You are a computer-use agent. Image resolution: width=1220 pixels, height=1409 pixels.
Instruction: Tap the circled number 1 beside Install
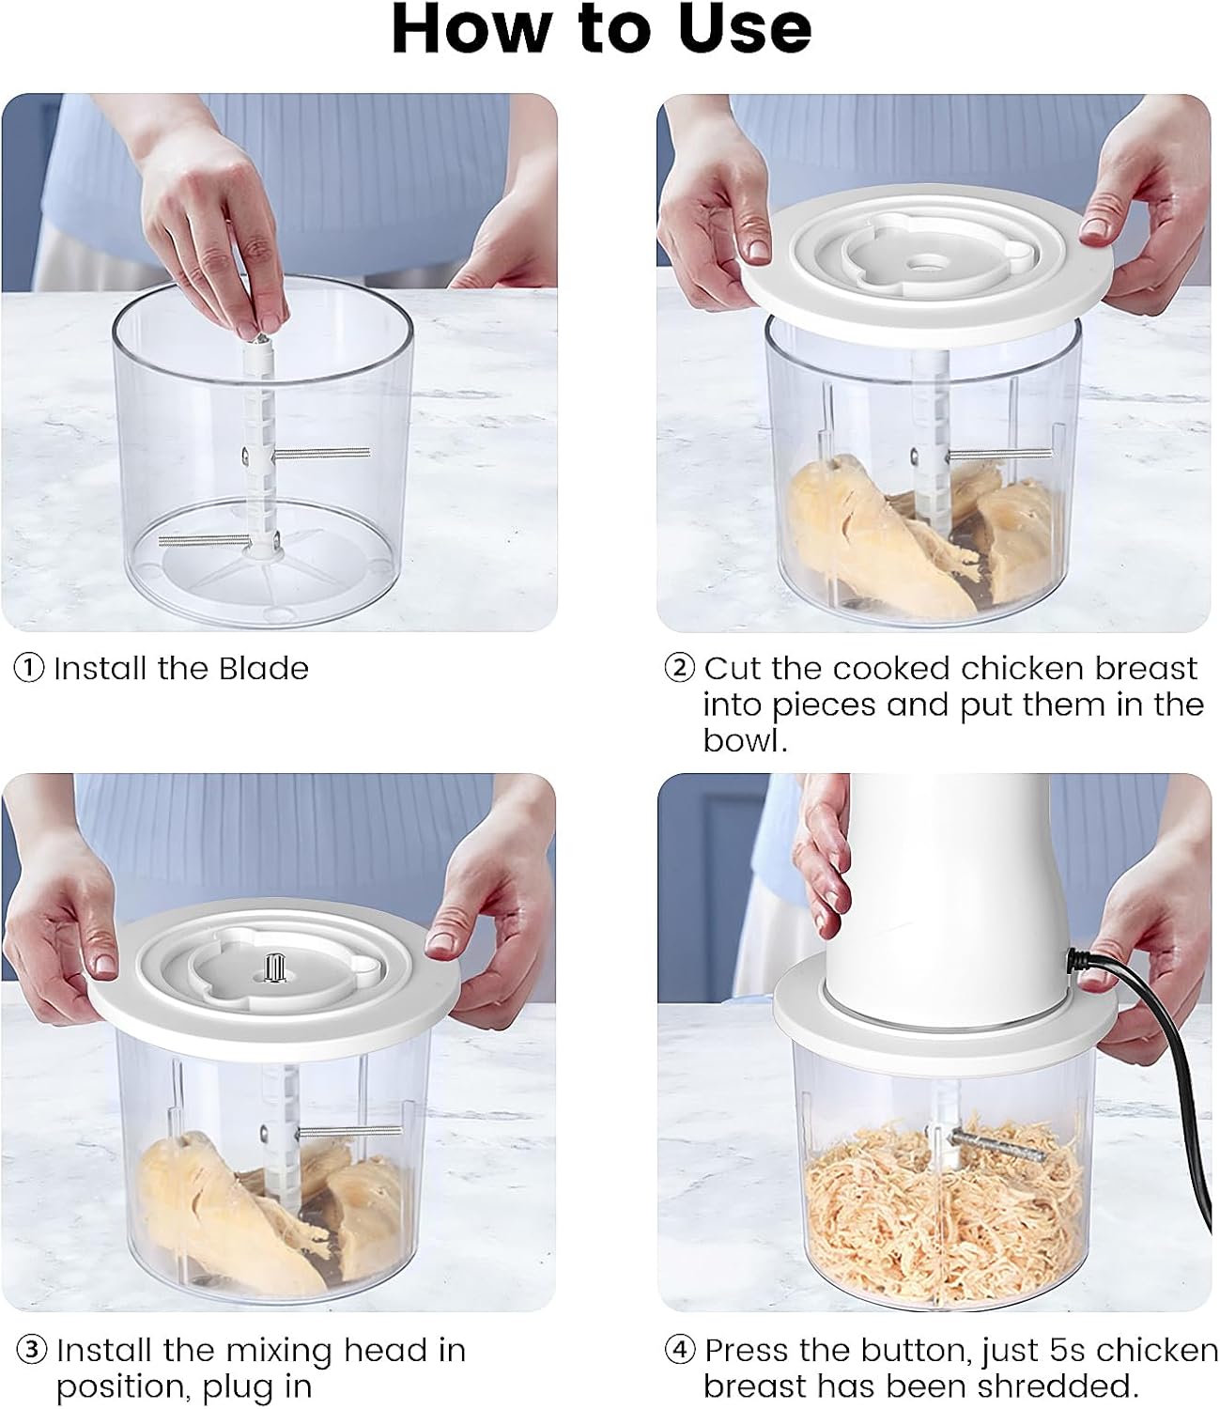pos(29,669)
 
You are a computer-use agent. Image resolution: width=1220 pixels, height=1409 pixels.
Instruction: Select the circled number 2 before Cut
pos(679,669)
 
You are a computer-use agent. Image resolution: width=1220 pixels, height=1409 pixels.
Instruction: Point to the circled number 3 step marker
pos(32,1351)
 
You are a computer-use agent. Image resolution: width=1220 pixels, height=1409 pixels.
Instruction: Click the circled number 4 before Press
pos(680,1351)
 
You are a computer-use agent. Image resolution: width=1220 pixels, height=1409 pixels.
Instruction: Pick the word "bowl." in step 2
pos(744,740)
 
